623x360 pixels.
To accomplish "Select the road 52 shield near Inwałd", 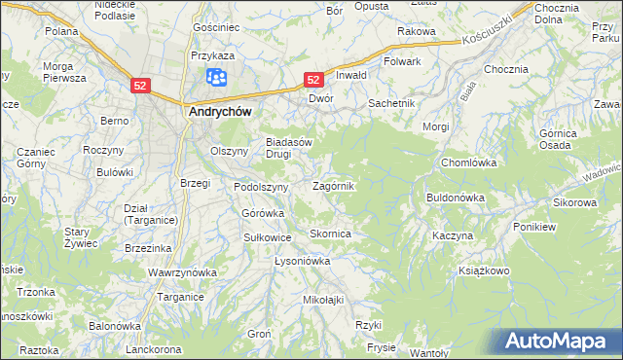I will pyautogui.click(x=313, y=79).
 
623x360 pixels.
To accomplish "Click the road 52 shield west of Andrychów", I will pyautogui.click(x=140, y=86).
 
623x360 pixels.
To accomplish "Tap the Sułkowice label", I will pyautogui.click(x=268, y=236).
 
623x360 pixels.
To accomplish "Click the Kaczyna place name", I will pyautogui.click(x=453, y=236).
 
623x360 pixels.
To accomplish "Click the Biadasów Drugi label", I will pyautogui.click(x=289, y=147).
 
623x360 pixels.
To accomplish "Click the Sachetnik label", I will pyautogui.click(x=391, y=102).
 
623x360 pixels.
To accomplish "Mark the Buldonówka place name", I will pyautogui.click(x=455, y=198).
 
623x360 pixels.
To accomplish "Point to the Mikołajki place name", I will pyautogui.click(x=324, y=300).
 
